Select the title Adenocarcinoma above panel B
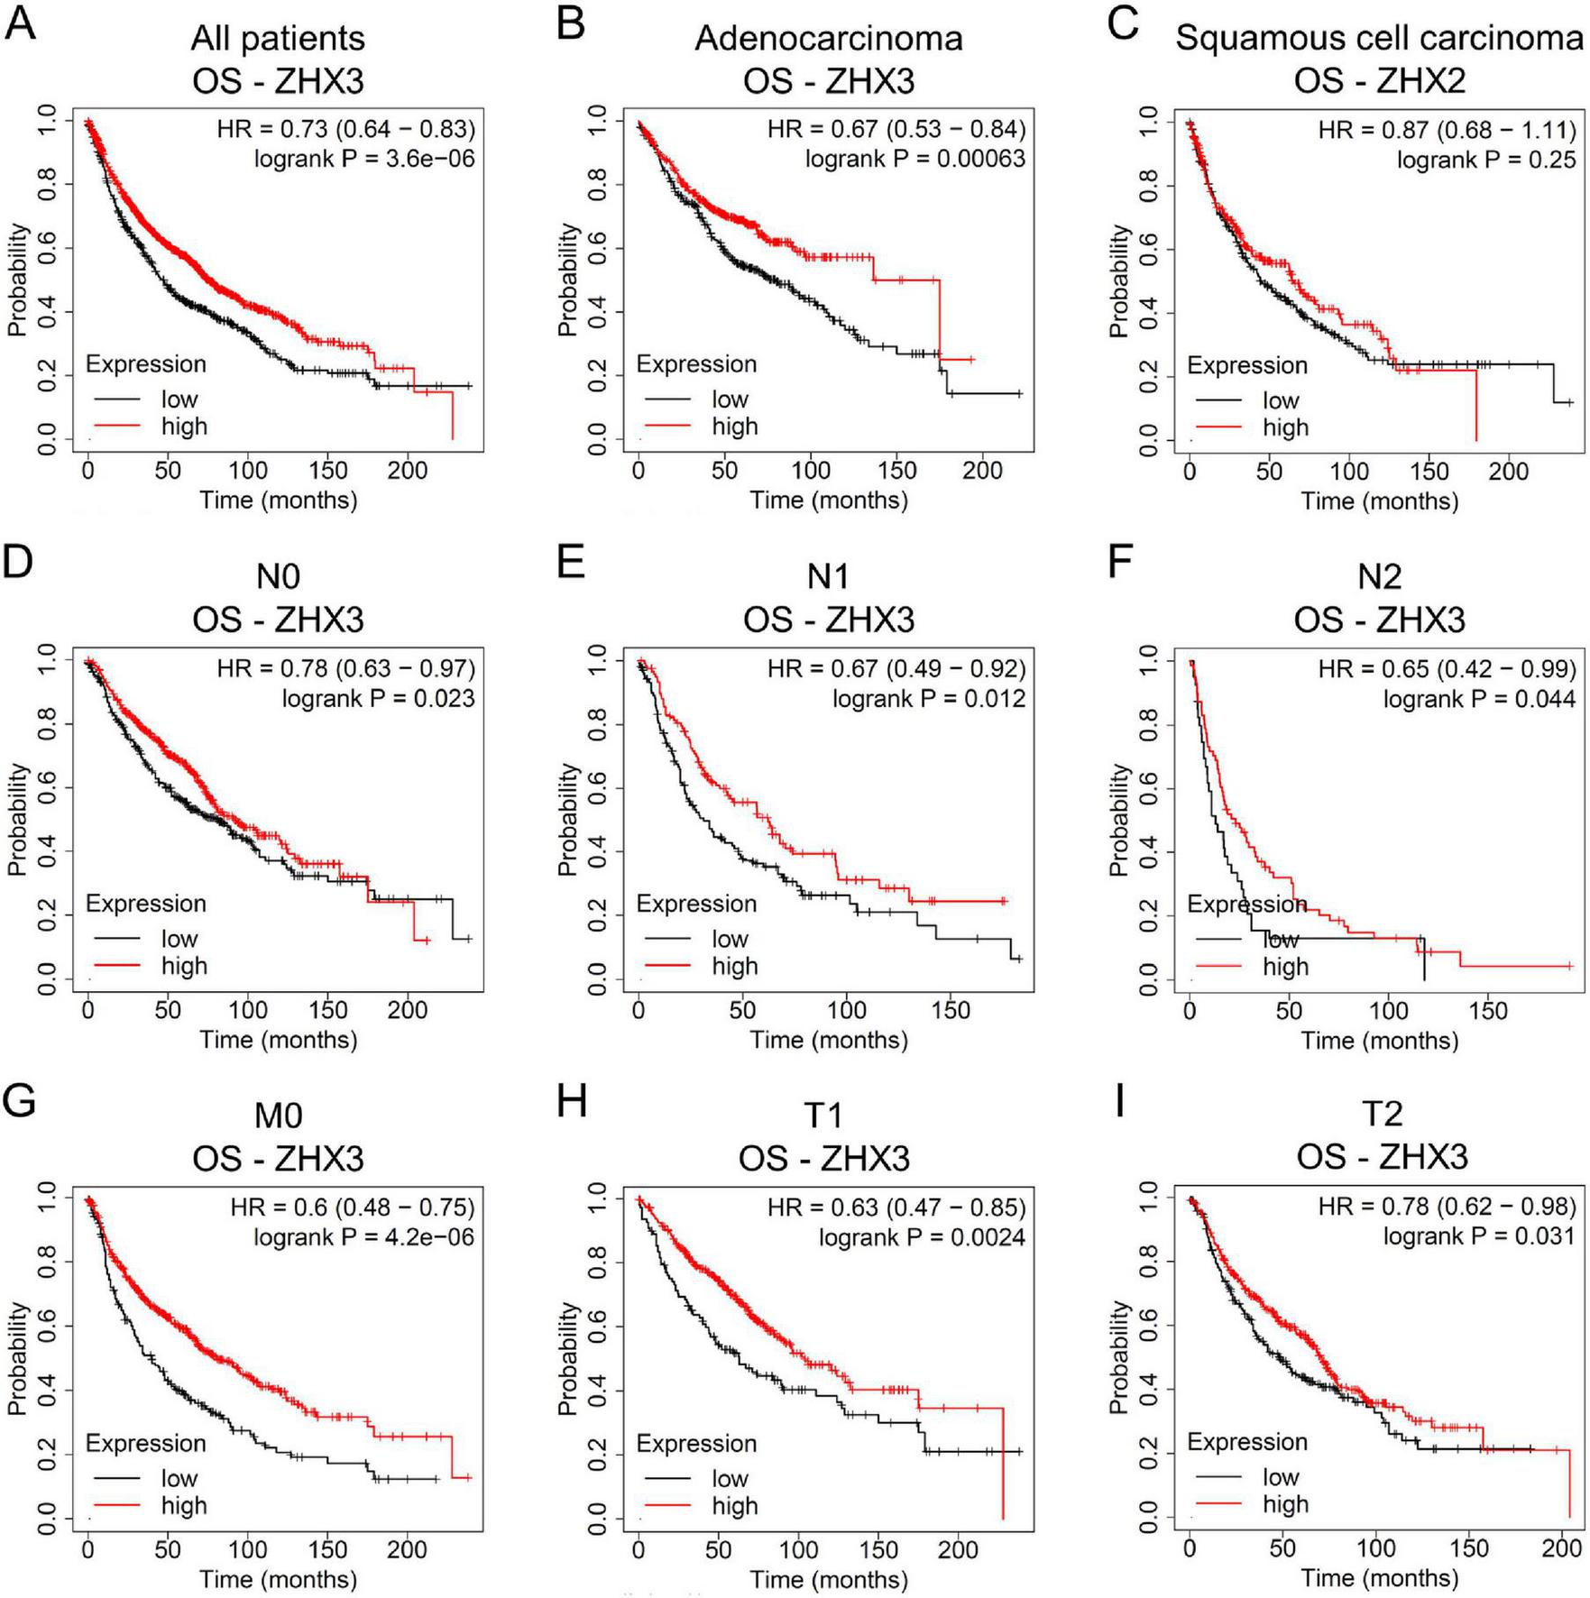pos(828,39)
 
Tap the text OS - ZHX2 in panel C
pos(1379,81)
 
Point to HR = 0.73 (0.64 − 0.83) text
pos(345,129)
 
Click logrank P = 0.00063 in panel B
pos(914,159)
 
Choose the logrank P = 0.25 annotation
pos(1486,160)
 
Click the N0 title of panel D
pos(278,576)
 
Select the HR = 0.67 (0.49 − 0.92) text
pos(896,668)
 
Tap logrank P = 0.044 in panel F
pos(1479,699)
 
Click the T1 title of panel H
pos(823,1116)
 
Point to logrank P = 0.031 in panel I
pos(1479,1235)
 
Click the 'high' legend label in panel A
pos(184,427)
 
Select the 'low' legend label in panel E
pos(730,939)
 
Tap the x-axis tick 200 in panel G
pos(407,1549)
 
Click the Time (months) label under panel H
pos(829,1579)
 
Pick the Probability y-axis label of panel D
pos(17,820)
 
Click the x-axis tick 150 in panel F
pos(1487,1010)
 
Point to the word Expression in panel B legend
pos(696,364)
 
